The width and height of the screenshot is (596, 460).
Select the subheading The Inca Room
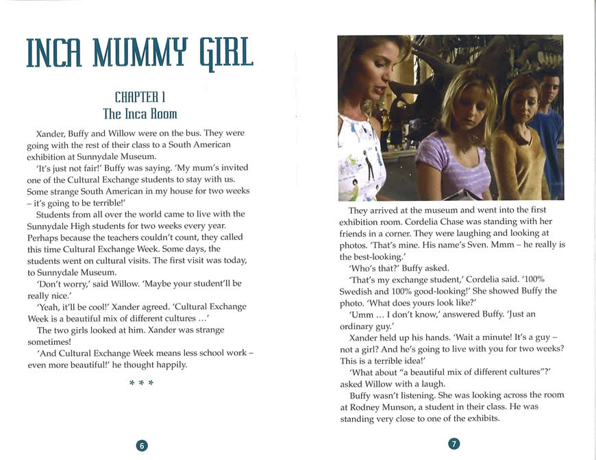pos(140,113)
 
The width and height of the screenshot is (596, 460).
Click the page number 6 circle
pos(142,445)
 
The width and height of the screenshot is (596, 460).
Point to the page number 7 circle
pos(454,444)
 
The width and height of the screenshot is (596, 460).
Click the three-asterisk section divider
pos(141,383)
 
